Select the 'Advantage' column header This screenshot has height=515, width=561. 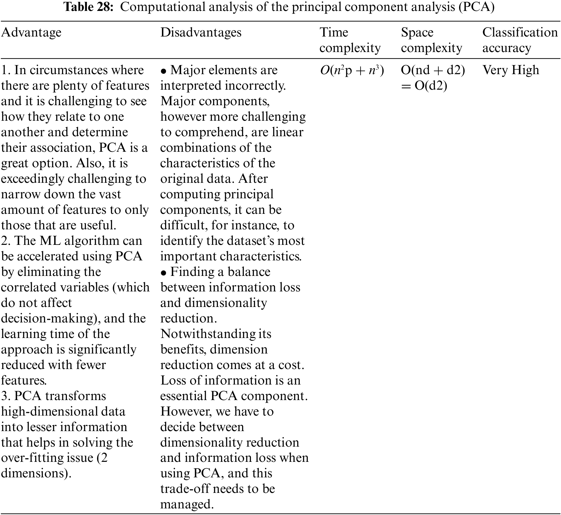31,32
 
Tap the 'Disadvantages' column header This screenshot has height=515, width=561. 201,32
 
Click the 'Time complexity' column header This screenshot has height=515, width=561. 350,40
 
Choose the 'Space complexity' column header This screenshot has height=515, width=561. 431,40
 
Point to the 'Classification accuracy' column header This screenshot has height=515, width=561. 520,40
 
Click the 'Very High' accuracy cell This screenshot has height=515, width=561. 511,70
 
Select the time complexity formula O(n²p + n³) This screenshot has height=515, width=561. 352,70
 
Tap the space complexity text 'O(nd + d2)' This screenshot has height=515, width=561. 433,70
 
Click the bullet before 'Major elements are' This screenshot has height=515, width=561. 164,71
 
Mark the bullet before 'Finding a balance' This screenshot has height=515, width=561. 164,273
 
